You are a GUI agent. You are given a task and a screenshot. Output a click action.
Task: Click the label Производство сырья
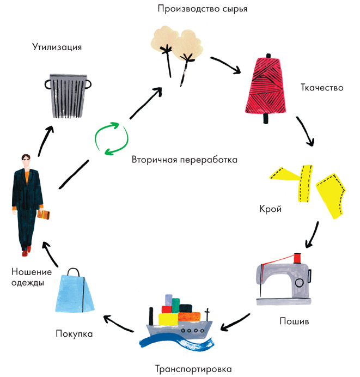(198, 9)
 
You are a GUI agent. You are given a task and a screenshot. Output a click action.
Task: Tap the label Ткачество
(322, 87)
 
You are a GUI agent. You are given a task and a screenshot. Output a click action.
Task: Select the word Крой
(271, 209)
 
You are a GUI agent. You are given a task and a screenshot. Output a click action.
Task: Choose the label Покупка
(74, 333)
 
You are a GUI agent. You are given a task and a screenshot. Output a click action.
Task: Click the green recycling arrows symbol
(111, 139)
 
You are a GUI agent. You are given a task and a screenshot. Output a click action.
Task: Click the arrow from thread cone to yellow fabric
(305, 131)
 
